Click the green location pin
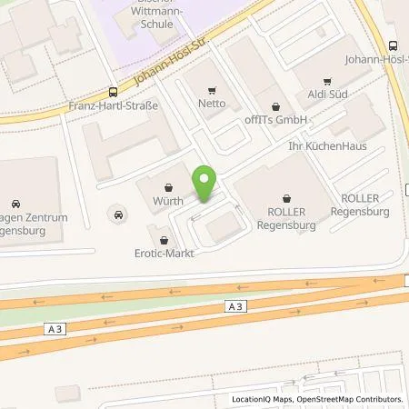[x=204, y=184]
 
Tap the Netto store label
[x=212, y=105]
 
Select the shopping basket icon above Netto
[x=212, y=90]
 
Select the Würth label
[x=169, y=200]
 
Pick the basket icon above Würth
[x=169, y=185]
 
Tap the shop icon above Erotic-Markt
[x=164, y=241]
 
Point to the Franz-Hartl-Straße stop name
[x=115, y=105]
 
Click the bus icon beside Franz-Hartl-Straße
[x=114, y=91]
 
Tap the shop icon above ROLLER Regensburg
[x=287, y=196]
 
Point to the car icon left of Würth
[x=117, y=214]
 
